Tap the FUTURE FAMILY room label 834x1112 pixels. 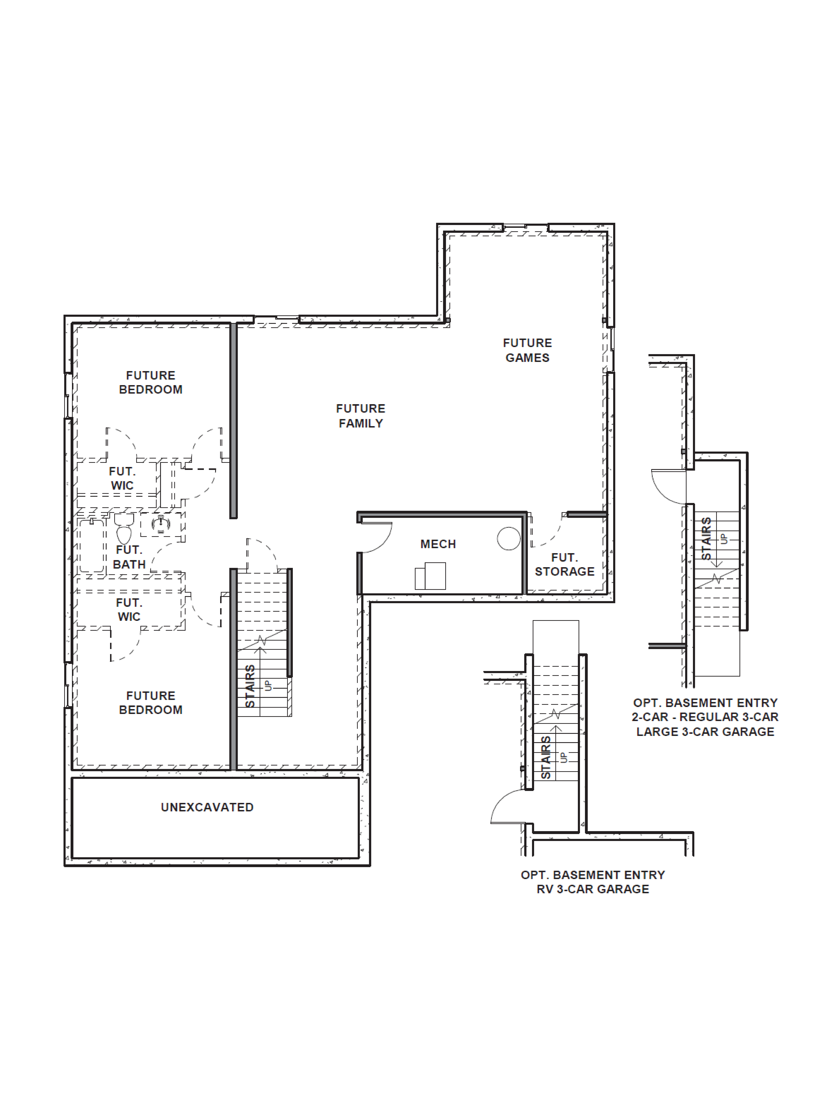point(361,416)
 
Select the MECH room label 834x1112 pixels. point(438,544)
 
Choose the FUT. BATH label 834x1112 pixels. point(129,557)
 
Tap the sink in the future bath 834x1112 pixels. point(161,524)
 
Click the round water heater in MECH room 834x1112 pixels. point(509,538)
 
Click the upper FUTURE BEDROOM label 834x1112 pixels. point(151,383)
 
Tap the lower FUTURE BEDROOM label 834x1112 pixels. point(151,703)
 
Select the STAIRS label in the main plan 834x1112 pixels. point(250,686)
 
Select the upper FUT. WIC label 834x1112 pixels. point(122,479)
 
